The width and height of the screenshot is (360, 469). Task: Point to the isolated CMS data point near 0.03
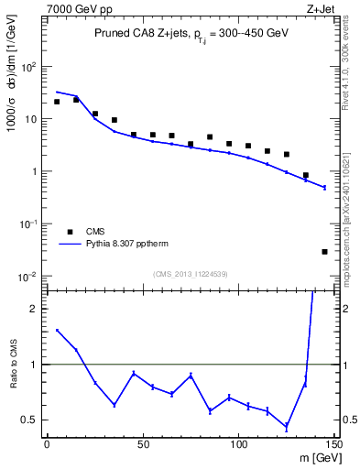point(324,251)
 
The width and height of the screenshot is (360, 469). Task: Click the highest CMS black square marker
point(76,100)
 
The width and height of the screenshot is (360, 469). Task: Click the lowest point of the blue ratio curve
point(287,427)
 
